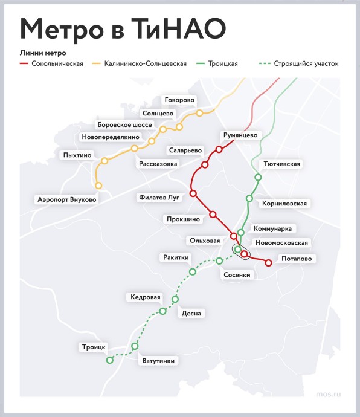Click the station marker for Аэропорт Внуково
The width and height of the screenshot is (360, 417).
pyautogui.click(x=98, y=186)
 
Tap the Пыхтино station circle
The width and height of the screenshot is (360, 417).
pyautogui.click(x=104, y=161)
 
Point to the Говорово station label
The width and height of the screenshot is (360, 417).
pyautogui.click(x=181, y=99)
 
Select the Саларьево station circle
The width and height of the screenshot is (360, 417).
pyautogui.click(x=205, y=164)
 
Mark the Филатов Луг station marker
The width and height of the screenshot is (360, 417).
pyautogui.click(x=193, y=193)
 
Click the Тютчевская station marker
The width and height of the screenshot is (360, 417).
pyautogui.click(x=258, y=177)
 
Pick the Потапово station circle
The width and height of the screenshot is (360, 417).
pyautogui.click(x=268, y=262)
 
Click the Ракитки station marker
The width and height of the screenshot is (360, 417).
pyautogui.click(x=193, y=272)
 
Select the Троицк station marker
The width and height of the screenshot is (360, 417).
pyautogui.click(x=109, y=360)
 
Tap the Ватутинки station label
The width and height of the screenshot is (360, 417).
pyautogui.click(x=159, y=361)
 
